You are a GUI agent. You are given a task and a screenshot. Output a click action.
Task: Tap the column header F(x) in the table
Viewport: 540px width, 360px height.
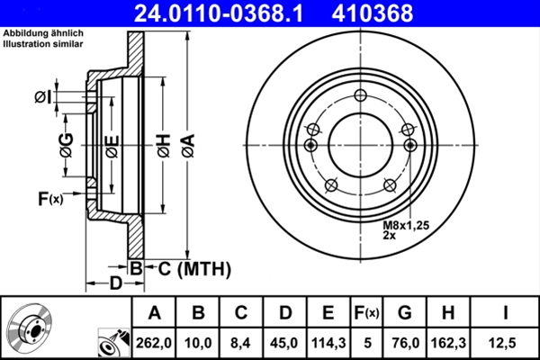tap(366, 313)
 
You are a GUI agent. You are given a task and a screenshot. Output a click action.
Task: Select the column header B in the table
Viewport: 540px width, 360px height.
tap(198, 313)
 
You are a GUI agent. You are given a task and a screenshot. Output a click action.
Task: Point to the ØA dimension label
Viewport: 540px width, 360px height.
tap(187, 143)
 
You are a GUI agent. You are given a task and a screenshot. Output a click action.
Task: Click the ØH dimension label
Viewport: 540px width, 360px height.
tap(164, 143)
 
